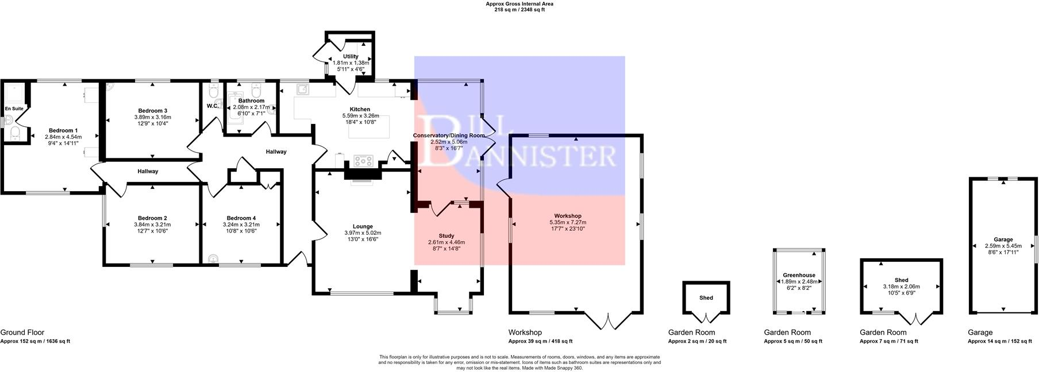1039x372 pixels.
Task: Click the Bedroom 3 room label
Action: [x=152, y=111]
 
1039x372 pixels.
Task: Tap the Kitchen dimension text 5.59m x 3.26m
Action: [x=360, y=115]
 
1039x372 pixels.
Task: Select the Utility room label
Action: [x=351, y=56]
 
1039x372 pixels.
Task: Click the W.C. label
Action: [x=212, y=106]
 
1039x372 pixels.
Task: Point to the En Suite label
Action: [x=14, y=108]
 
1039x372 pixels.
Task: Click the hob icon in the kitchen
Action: [x=364, y=160]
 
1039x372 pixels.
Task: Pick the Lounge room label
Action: [x=363, y=227]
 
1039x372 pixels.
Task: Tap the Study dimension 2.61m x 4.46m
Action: [x=447, y=242]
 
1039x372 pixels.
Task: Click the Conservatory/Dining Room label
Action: [x=449, y=135]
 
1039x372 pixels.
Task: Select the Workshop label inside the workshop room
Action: [x=567, y=216]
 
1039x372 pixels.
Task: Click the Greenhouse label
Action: [x=799, y=276]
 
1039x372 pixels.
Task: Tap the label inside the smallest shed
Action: [x=706, y=298]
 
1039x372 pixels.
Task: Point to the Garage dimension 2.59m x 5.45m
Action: [x=1003, y=246]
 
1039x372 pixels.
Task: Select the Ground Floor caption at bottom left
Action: [x=22, y=332]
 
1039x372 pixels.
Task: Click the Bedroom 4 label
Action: [x=241, y=218]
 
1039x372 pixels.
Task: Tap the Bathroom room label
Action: [x=251, y=101]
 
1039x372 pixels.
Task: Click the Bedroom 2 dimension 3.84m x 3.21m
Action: [x=152, y=224]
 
